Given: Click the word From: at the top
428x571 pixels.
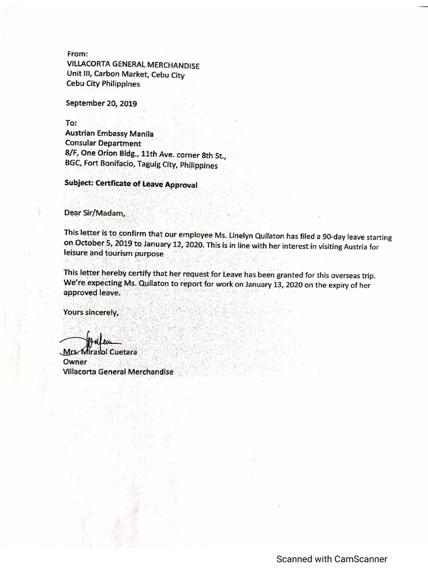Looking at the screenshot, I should pyautogui.click(x=77, y=54).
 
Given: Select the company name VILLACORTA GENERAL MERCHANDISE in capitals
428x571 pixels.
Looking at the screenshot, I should pyautogui.click(x=133, y=65).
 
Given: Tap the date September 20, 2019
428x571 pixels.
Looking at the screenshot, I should pyautogui.click(x=101, y=103).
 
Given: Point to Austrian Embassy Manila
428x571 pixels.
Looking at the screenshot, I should pyautogui.click(x=109, y=134).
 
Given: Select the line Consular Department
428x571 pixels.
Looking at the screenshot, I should pyautogui.click(x=103, y=143).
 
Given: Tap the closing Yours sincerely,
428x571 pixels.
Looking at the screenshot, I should pyautogui.click(x=91, y=312).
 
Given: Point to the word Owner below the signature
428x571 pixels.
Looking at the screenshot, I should pyautogui.click(x=75, y=362).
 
